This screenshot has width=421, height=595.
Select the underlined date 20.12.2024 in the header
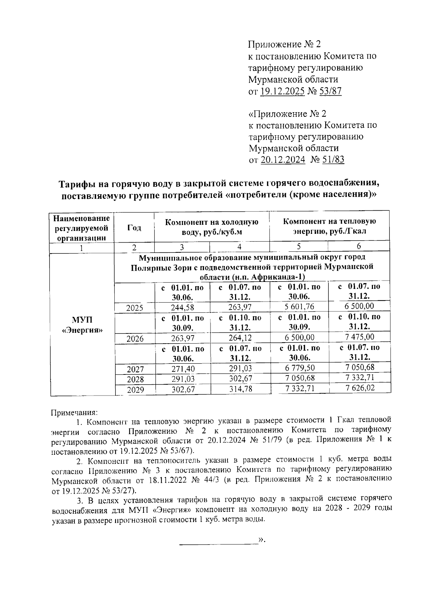tap(283, 160)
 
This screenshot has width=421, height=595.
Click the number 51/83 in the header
tap(333, 160)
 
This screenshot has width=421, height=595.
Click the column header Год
tap(134, 228)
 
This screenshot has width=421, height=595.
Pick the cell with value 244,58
tap(182, 307)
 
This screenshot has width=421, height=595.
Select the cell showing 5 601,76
tap(299, 307)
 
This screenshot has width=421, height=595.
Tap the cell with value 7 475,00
tap(359, 337)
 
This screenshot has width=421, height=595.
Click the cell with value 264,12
tap(240, 338)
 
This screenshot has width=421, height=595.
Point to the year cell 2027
tap(135, 369)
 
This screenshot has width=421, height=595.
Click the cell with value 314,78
tap(240, 389)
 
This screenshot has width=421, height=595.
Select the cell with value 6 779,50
tap(300, 368)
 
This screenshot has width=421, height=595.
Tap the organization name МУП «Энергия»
tap(82, 325)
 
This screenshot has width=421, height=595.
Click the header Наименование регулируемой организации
tap(82, 228)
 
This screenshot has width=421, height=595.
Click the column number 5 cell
tap(299, 246)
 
